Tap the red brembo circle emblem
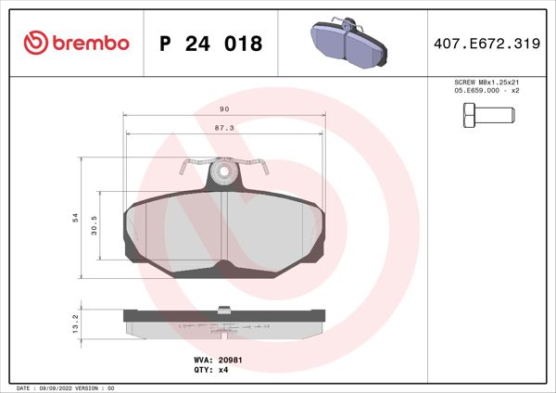coord(34,44)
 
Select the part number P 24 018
coord(211,44)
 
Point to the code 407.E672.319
coord(487,44)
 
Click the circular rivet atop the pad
coord(222,171)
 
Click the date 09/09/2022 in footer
coord(58,387)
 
